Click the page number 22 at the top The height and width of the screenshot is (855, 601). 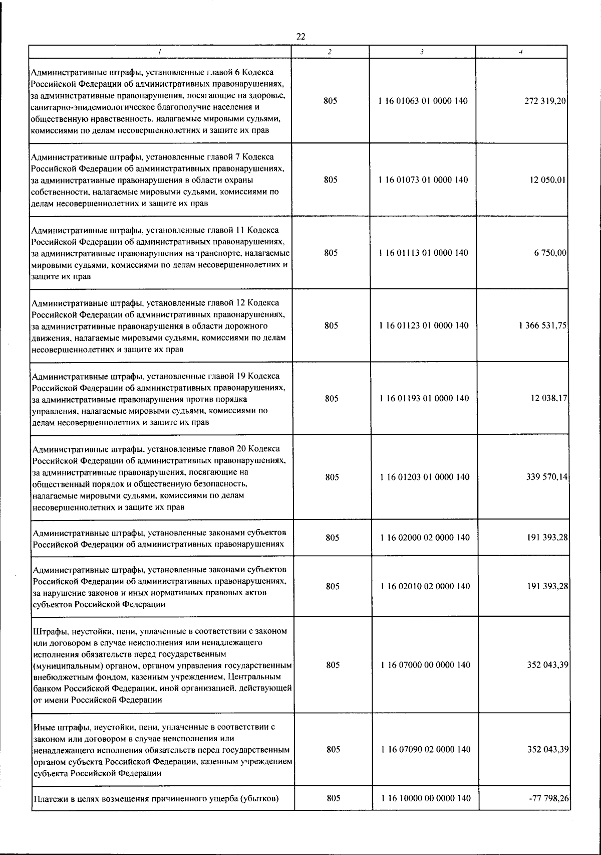click(300, 36)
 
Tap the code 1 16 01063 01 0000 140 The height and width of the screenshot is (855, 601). click(423, 101)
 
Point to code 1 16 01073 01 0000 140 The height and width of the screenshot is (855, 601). click(424, 180)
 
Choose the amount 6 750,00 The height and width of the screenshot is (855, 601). click(550, 253)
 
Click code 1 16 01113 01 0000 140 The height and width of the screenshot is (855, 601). click(424, 253)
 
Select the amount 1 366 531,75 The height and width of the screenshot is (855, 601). click(543, 325)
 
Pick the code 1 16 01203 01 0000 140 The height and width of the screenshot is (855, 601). click(425, 477)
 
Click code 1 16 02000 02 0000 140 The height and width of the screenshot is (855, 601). click(425, 538)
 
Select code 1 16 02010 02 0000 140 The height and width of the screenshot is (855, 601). click(425, 586)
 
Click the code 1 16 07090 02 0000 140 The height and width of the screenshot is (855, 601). click(426, 749)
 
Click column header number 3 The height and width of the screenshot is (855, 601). click(422, 52)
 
